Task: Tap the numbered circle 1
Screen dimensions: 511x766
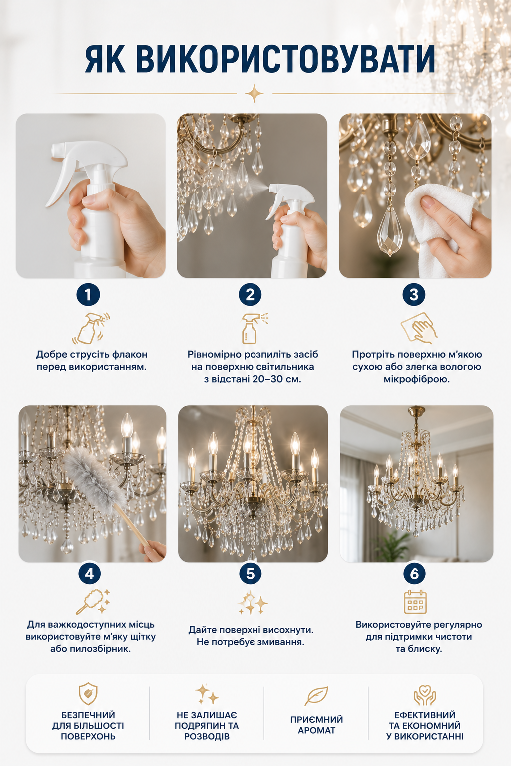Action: click(x=88, y=294)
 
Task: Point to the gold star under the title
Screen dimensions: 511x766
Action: click(x=255, y=93)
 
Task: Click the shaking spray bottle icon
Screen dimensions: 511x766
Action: click(x=91, y=328)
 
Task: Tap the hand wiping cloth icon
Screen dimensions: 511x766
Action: click(x=419, y=328)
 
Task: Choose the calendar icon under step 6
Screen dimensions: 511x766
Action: click(x=415, y=602)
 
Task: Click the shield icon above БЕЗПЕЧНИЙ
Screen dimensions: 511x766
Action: click(x=88, y=694)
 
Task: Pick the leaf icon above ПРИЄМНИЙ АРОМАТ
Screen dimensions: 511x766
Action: click(x=316, y=696)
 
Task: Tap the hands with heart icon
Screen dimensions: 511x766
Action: click(x=424, y=695)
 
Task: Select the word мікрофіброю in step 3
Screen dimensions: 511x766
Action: click(x=417, y=379)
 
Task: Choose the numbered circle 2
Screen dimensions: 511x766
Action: click(x=250, y=294)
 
